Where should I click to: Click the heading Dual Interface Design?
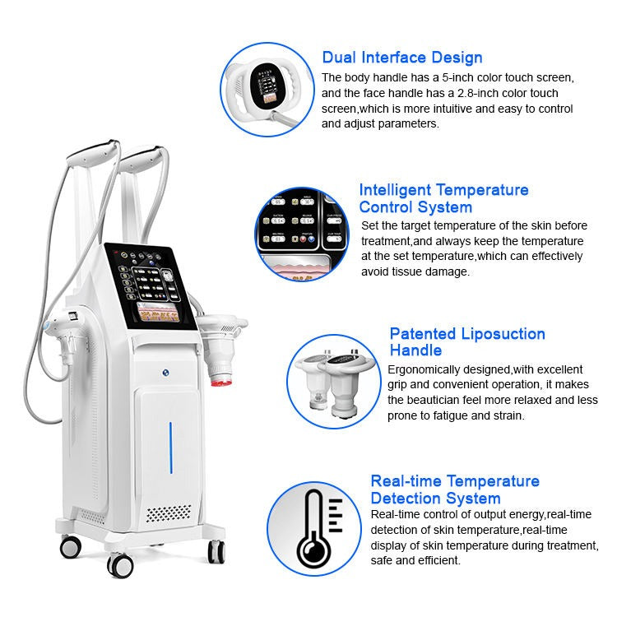click(401, 58)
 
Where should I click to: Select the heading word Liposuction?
click(503, 333)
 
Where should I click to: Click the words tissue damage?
click(434, 271)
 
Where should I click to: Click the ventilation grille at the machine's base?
click(168, 513)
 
